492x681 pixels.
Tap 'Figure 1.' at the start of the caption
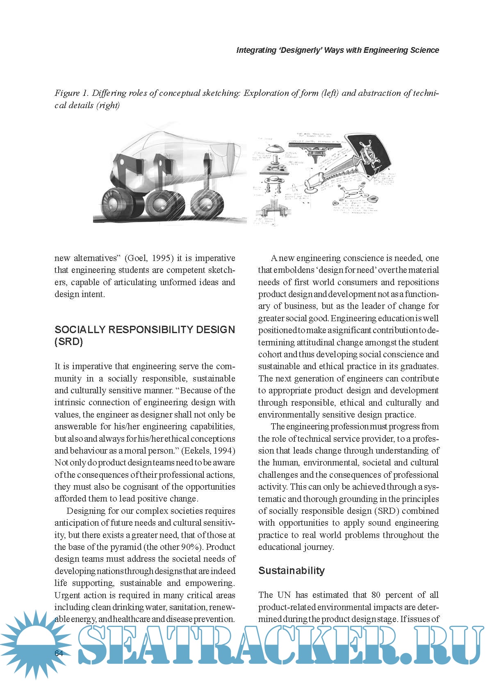click(73, 93)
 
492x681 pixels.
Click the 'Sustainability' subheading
click(292, 571)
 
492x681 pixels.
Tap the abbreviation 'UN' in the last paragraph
click(284, 595)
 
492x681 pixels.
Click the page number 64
click(59, 653)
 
